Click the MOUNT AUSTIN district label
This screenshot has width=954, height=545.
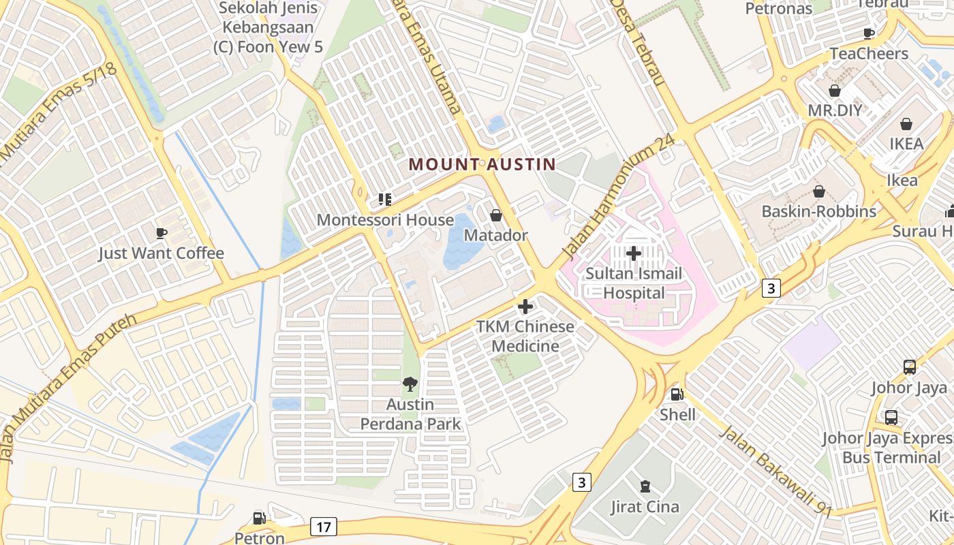coord(482,164)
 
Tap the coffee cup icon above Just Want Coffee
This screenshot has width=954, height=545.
coord(161,233)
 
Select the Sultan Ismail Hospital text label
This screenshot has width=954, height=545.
coord(634,283)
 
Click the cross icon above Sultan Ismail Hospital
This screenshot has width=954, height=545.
coord(634,254)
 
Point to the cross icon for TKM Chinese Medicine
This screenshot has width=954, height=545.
coord(525,307)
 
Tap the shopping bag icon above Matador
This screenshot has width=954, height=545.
coord(496,215)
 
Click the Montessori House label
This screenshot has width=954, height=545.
coord(385,220)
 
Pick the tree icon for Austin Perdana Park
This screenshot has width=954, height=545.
coord(410,384)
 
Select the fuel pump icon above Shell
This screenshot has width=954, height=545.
coord(677,394)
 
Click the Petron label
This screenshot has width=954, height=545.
coord(260,538)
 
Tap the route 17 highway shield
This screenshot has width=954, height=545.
coord(323,527)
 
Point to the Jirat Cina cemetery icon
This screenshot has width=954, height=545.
coord(645,486)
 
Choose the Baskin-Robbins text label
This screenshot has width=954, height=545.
coord(818,211)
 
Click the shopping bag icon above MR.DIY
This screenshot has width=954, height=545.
coord(835,91)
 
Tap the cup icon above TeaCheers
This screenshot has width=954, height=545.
coord(869,33)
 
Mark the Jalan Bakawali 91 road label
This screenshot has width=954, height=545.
coord(776,471)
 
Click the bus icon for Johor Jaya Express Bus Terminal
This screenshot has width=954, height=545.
coord(891,418)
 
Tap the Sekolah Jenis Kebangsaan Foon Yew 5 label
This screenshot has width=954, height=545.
coord(268,28)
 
